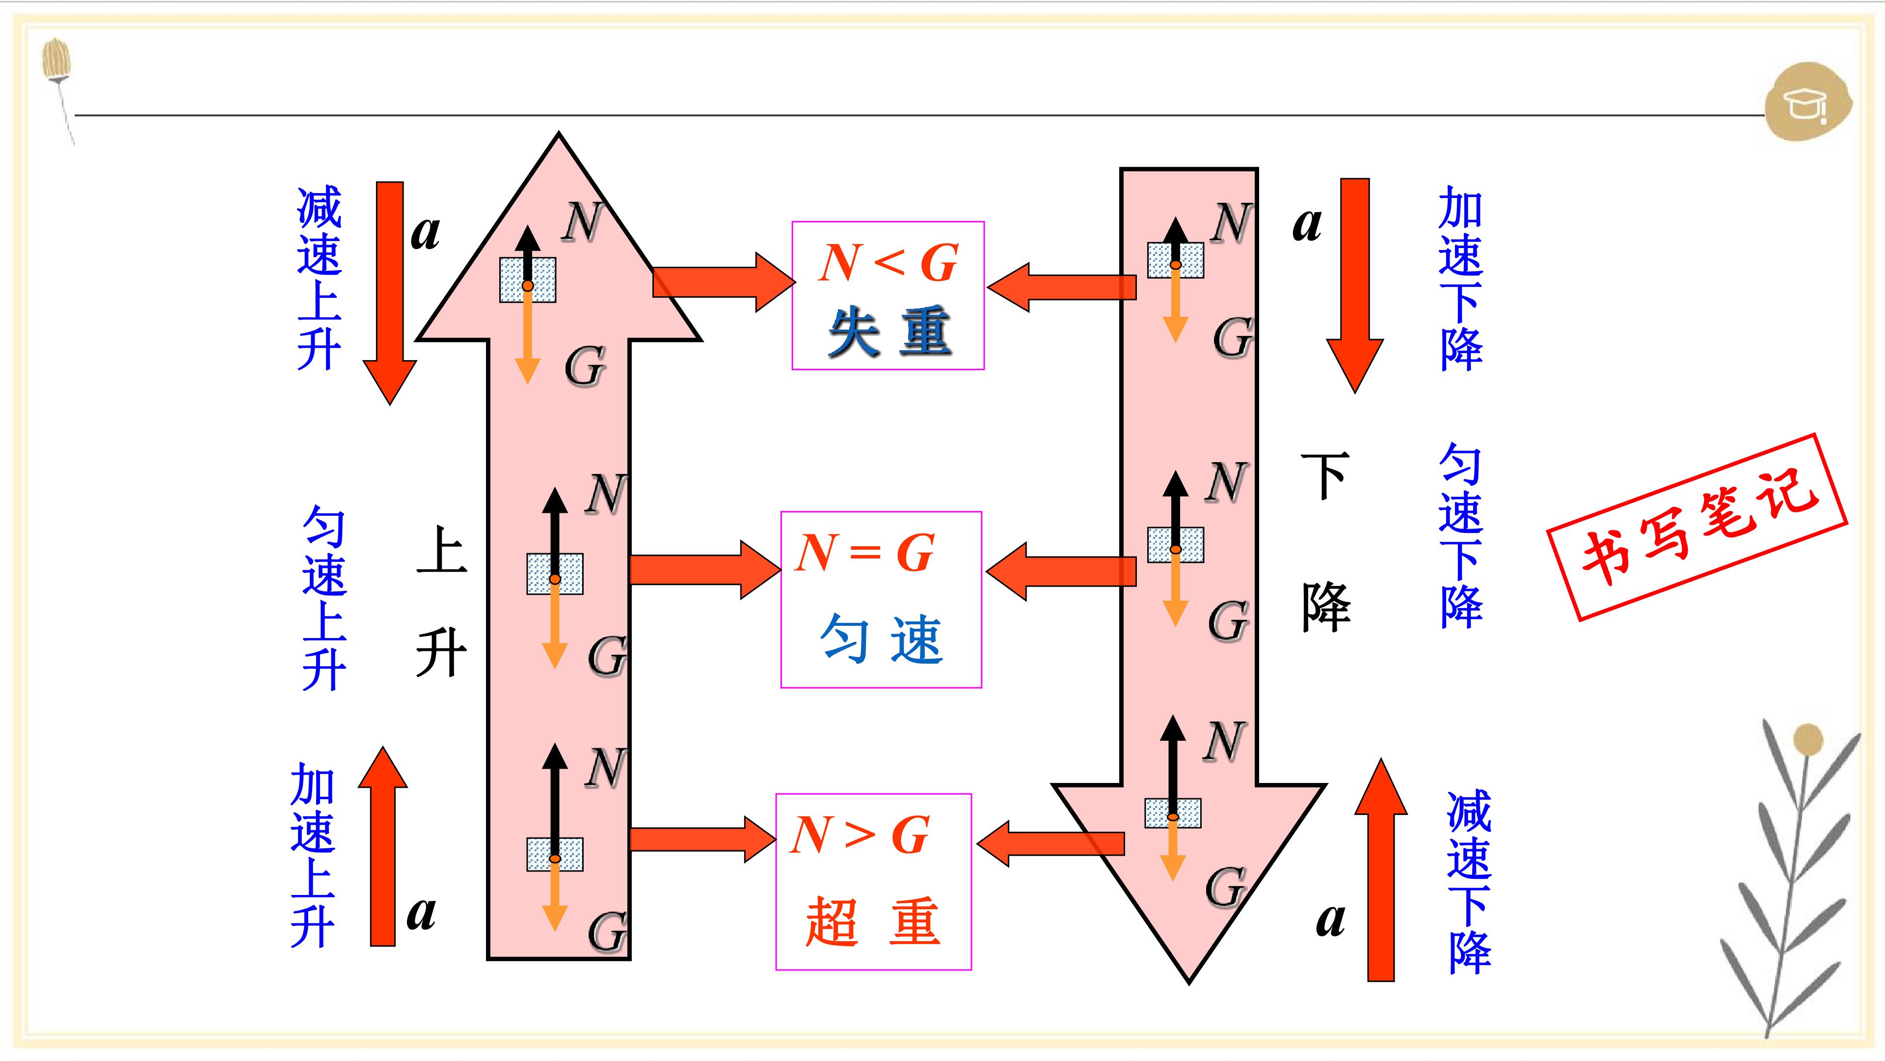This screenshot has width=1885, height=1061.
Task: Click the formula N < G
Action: pyautogui.click(x=889, y=262)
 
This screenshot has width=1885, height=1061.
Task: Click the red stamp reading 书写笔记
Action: pyautogui.click(x=1697, y=527)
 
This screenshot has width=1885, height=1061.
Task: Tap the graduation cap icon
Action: pyautogui.click(x=1808, y=103)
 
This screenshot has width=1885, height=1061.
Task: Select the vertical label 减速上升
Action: pyautogui.click(x=319, y=278)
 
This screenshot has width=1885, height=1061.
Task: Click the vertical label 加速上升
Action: pyautogui.click(x=313, y=855)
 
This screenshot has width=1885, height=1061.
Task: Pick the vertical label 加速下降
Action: pyautogui.click(x=1460, y=278)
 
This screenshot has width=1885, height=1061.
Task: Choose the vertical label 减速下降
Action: pyautogui.click(x=1469, y=882)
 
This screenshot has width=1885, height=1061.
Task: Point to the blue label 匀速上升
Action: pyautogui.click(x=324, y=597)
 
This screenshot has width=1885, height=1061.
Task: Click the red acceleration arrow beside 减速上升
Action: pyautogui.click(x=390, y=293)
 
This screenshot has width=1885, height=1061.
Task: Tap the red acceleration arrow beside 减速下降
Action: pyautogui.click(x=1381, y=869)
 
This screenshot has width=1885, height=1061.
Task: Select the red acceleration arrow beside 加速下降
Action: pyautogui.click(x=1355, y=285)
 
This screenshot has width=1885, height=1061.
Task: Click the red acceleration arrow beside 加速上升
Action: pyautogui.click(x=383, y=846)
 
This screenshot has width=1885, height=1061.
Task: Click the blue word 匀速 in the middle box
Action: pyautogui.click(x=882, y=639)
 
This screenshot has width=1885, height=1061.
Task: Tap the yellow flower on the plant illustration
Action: pyautogui.click(x=1808, y=740)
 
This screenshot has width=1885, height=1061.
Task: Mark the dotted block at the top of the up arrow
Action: pyautogui.click(x=528, y=279)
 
